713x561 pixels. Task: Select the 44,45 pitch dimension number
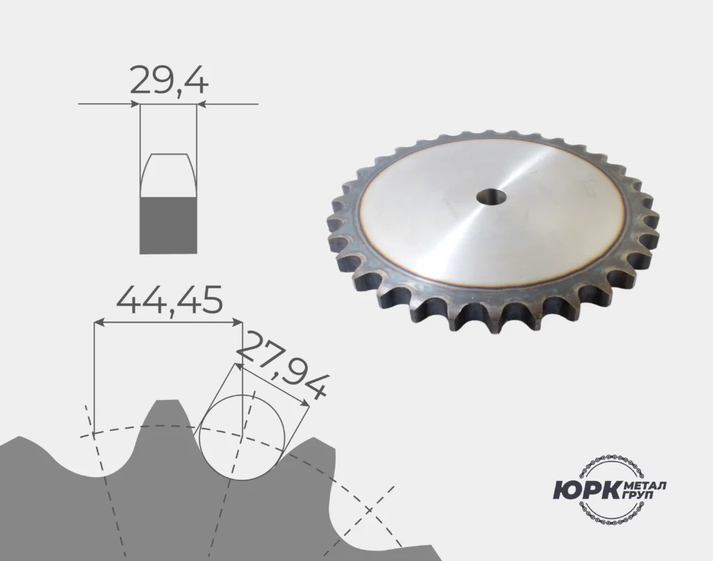coord(170,300)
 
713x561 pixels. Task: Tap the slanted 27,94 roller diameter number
coord(281,366)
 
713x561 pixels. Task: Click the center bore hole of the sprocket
coord(492,197)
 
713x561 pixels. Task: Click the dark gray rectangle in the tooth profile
coord(169,225)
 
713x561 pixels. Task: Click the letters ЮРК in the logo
coord(586,491)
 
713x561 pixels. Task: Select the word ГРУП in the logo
coord(638,495)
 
